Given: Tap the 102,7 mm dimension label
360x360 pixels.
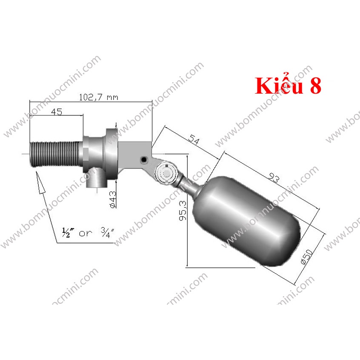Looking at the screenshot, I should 98,97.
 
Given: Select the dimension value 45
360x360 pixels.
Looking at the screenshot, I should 57,111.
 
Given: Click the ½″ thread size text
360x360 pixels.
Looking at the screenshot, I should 66,233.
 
